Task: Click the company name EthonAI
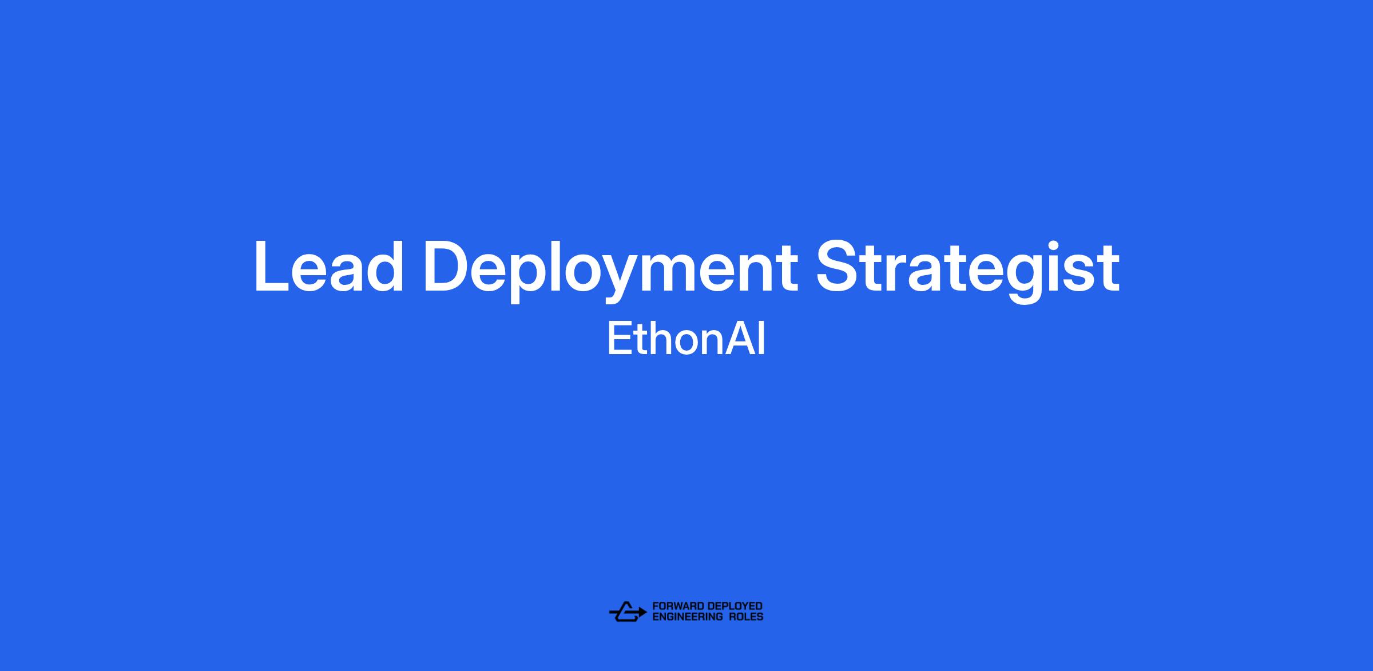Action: point(686,339)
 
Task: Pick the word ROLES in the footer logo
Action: point(745,617)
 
